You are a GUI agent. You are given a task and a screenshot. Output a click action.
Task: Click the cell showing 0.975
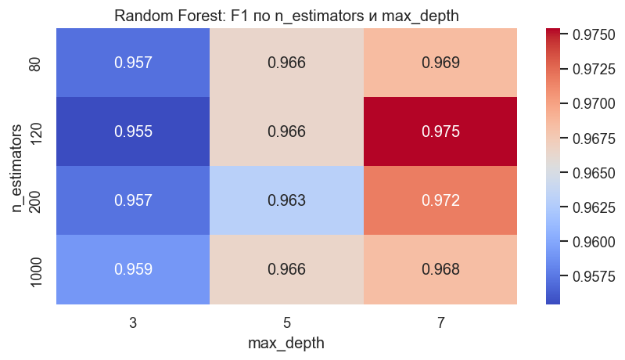pos(440,131)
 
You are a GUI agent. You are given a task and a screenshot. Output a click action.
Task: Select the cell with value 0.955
pos(132,131)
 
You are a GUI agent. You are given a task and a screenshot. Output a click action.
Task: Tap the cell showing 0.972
pos(440,200)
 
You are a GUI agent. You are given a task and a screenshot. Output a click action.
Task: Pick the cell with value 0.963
pos(286,200)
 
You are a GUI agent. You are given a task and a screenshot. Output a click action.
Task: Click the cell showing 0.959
pos(132,269)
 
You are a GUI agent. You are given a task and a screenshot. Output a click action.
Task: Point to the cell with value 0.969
pos(440,63)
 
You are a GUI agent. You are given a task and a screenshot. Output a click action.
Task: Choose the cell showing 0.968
pos(440,269)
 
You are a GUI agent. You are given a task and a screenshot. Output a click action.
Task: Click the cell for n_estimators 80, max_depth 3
pos(132,63)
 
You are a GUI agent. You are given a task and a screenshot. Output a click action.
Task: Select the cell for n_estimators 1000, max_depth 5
pos(286,269)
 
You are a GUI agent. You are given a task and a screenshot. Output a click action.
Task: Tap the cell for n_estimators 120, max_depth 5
pos(286,131)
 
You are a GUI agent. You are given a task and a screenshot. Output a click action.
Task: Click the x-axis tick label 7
pos(440,321)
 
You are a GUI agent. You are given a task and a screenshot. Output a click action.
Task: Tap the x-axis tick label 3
pos(132,321)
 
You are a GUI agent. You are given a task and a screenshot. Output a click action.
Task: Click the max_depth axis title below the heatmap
pos(286,343)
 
